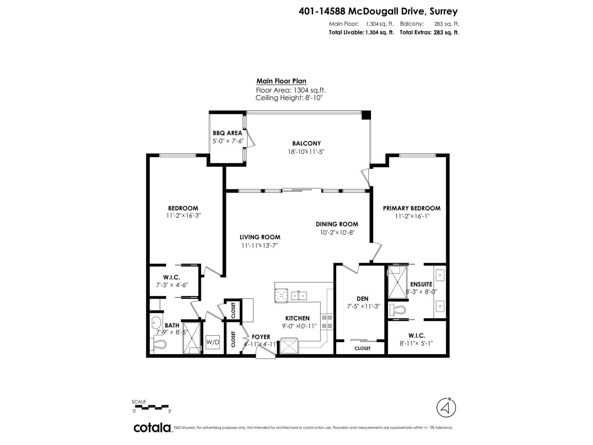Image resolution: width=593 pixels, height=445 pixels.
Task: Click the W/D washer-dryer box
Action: click(213, 342)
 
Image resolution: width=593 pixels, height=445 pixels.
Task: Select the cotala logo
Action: click(152, 428)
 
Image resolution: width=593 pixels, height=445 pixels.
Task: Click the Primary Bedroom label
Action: click(411, 208)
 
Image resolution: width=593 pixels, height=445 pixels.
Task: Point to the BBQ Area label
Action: click(227, 133)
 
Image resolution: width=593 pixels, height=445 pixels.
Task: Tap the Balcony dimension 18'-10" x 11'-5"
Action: click(306, 152)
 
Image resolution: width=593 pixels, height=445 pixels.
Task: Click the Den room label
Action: click(362, 299)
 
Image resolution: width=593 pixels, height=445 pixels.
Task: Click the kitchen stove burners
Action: click(327, 322)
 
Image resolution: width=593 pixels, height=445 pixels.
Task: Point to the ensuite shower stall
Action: click(397, 283)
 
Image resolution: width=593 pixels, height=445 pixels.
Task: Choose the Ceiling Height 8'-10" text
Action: click(289, 98)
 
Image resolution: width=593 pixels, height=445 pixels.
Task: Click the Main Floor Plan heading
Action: click(281, 81)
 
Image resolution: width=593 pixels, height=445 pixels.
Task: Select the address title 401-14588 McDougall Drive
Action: click(378, 11)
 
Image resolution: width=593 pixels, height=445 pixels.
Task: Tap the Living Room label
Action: click(259, 237)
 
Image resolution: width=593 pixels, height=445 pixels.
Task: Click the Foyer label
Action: click(261, 337)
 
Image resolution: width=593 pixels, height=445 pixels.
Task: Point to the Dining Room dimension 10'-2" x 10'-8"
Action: click(337, 233)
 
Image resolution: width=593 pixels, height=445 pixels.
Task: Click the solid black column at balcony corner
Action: click(366, 115)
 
